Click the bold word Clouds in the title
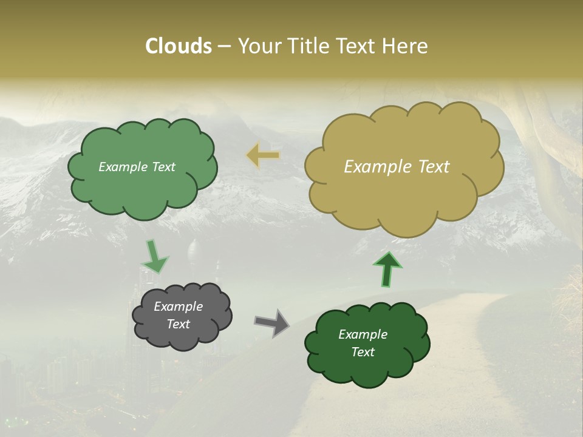(179, 46)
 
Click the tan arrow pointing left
(263, 155)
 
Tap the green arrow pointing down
(154, 257)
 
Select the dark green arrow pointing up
(387, 269)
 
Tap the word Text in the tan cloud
(434, 167)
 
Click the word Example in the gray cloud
(178, 307)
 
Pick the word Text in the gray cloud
(178, 324)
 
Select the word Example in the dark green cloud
(363, 334)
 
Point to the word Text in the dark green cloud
(363, 352)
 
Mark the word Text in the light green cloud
(163, 167)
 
